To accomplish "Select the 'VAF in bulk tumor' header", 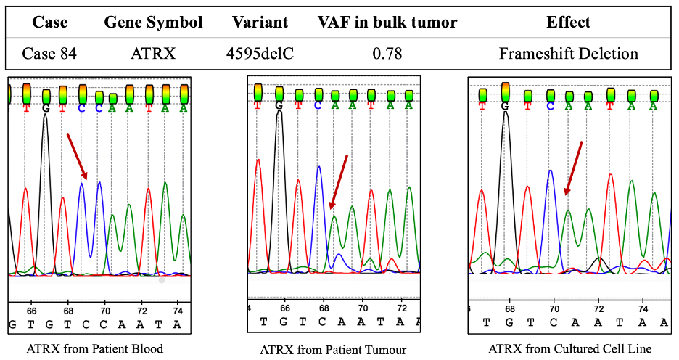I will [387, 22].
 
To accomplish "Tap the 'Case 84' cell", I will [49, 53].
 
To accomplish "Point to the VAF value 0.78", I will [388, 53].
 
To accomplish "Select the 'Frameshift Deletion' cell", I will [569, 53].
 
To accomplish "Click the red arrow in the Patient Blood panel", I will [76, 155].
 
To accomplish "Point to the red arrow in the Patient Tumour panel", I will [338, 182].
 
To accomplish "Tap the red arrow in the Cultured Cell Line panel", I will [573, 168].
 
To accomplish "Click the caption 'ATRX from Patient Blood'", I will [95, 348].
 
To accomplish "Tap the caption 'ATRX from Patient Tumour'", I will [333, 350].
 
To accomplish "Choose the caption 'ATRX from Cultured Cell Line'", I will [569, 349].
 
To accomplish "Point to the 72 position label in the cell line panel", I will [598, 308].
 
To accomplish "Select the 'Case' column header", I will [49, 22].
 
